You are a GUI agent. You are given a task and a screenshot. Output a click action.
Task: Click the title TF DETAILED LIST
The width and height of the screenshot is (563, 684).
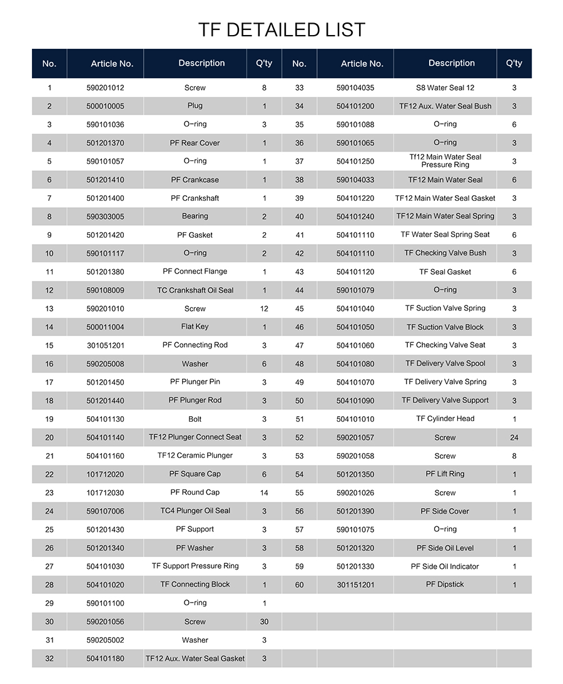pos(281,29)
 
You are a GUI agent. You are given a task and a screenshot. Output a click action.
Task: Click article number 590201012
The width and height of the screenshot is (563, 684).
pos(105,88)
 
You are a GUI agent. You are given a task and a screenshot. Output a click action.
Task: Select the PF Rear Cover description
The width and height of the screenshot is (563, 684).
pos(195,143)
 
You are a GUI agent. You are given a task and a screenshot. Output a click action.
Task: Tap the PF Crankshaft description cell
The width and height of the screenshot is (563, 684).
pos(195,198)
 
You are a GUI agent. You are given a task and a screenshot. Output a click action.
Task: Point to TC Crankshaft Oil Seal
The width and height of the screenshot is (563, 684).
pos(195,290)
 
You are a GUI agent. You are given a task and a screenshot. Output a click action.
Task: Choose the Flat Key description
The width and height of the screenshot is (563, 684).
pos(195,327)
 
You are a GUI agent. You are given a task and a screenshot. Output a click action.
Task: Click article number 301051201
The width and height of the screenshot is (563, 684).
pos(105,345)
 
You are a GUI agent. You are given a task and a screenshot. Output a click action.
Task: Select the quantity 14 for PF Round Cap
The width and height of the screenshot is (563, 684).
pos(264,493)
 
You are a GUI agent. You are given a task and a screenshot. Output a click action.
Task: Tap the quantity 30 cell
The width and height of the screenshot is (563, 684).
pos(264,621)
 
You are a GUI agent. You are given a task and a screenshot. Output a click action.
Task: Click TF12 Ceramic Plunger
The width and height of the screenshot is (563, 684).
pos(195,456)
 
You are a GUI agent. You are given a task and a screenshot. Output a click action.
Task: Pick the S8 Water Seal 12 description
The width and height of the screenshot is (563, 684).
pos(445,88)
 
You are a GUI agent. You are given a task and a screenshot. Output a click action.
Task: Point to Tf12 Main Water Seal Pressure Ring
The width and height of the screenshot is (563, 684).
pos(445,161)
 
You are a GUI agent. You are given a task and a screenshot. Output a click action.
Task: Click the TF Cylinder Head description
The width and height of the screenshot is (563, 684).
pos(445,419)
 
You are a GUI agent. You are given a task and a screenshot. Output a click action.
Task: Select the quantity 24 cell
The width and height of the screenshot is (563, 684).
pos(514,437)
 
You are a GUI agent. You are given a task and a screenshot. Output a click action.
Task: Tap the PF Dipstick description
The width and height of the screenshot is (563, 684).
pos(445,584)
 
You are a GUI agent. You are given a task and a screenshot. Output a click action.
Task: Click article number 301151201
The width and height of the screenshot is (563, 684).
pos(355,585)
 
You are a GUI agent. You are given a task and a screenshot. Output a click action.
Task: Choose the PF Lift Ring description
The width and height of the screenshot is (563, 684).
pos(445,474)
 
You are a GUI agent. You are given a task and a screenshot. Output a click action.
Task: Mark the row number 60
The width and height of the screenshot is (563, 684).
pos(300,585)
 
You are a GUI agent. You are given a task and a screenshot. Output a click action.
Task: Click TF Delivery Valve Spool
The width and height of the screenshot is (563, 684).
pos(445,364)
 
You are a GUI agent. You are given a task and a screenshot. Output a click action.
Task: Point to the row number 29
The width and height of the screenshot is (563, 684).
pos(49,603)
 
